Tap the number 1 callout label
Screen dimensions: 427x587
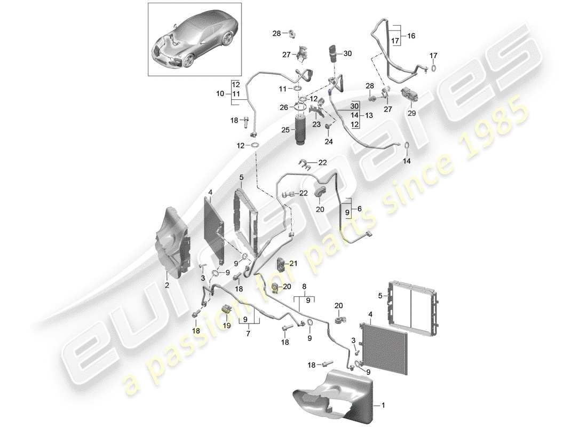click(x=383, y=405)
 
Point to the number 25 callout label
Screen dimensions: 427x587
click(x=285, y=130)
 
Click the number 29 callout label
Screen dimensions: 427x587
click(x=412, y=114)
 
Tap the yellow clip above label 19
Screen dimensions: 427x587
click(x=226, y=310)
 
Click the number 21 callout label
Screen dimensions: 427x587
click(x=294, y=263)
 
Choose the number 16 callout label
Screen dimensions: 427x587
click(x=411, y=36)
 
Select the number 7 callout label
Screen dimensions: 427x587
click(x=248, y=333)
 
